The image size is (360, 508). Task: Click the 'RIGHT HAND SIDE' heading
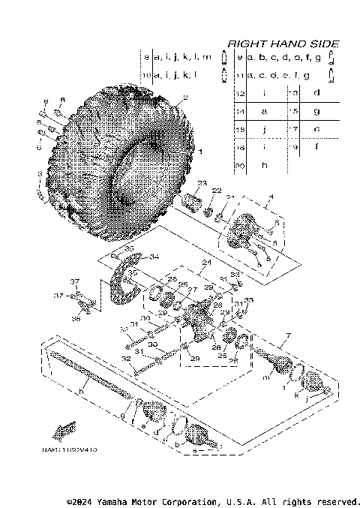coord(282,44)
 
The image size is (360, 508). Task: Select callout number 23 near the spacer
coord(201,183)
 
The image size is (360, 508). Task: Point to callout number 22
coord(216,191)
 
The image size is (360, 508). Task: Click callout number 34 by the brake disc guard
coord(154,257)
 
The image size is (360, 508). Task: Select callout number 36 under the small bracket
coord(74,318)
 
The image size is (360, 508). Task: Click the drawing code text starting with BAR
coord(75,448)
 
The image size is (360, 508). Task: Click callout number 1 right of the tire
coord(199,151)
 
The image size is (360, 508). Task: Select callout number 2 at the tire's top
coord(187,98)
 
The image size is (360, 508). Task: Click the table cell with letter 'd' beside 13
coord(316,92)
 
